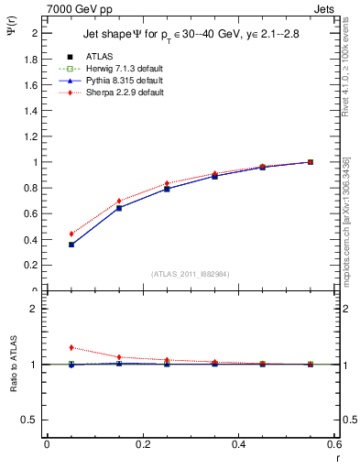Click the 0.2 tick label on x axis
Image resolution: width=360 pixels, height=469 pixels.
point(143,445)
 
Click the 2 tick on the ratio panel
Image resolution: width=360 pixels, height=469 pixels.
point(34,309)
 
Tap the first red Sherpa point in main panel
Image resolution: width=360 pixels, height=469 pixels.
point(47,234)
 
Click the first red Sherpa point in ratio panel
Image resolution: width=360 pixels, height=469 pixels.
point(47,347)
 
